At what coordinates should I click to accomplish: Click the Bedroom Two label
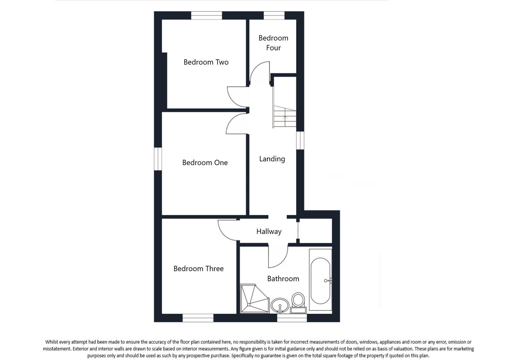click(x=206, y=62)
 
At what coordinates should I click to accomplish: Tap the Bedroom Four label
click(x=273, y=43)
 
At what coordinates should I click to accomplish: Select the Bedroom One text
click(x=205, y=163)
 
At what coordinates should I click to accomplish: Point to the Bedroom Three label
click(x=198, y=269)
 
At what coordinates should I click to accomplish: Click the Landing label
click(x=272, y=159)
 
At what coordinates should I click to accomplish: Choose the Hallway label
click(x=269, y=231)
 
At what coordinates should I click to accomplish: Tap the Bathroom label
click(x=283, y=279)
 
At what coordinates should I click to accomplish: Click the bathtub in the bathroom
click(x=320, y=280)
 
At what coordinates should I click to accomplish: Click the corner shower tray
click(x=254, y=299)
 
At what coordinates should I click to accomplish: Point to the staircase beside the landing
click(x=285, y=116)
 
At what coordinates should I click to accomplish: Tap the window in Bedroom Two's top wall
click(x=206, y=15)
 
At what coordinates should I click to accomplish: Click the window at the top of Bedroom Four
click(x=274, y=15)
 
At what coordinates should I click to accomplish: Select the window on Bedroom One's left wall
click(x=158, y=159)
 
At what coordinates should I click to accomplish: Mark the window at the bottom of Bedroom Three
click(x=198, y=318)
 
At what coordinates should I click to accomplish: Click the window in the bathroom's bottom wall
click(x=292, y=318)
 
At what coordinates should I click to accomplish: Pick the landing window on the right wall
click(x=300, y=140)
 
